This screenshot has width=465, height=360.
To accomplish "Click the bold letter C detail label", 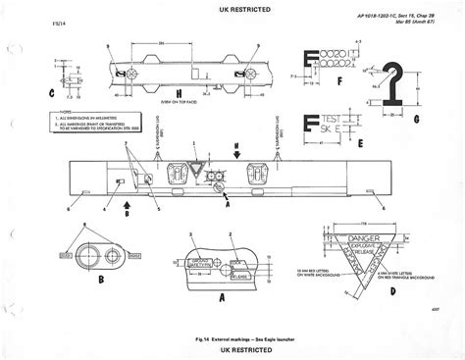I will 49,95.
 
